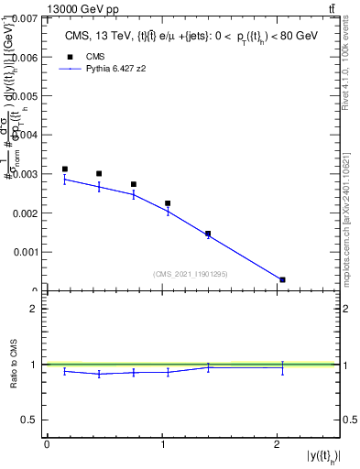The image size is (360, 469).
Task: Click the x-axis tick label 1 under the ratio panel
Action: pos(162,443)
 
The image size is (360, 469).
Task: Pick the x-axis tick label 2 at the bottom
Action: pos(278,443)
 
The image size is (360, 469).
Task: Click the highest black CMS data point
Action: pos(64,169)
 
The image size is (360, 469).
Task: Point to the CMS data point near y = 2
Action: pos(282,279)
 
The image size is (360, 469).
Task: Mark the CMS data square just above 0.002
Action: pos(168,203)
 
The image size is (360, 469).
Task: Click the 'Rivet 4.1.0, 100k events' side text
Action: pos(347,64)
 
